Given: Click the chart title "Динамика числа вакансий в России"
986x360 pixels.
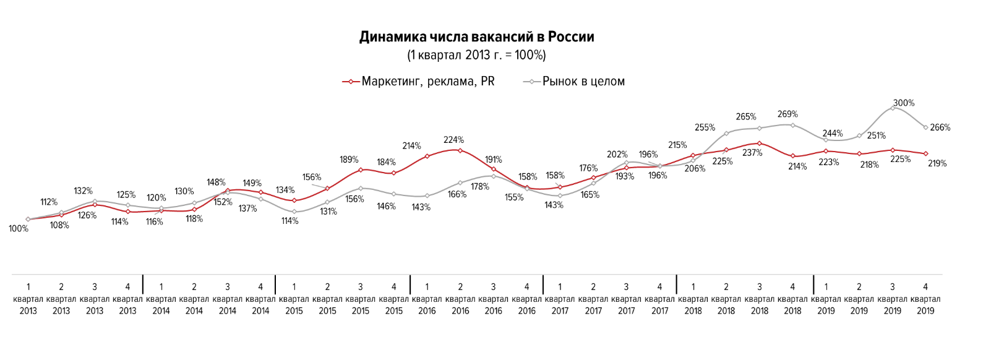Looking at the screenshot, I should (476, 37).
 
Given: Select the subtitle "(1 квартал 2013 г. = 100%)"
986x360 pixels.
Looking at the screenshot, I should (476, 56).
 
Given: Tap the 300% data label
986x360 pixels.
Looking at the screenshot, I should (904, 103).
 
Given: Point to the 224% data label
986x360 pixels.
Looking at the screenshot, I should (453, 140).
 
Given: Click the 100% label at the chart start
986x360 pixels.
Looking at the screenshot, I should (19, 229).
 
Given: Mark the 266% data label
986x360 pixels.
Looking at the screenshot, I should (940, 128).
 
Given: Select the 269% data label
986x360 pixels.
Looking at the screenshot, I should (787, 114).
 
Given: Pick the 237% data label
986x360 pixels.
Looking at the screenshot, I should (752, 153).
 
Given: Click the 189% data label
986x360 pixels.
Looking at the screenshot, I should (349, 160).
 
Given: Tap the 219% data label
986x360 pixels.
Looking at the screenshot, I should (937, 164).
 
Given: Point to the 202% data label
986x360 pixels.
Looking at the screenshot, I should (617, 155).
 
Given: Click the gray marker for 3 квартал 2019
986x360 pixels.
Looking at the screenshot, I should (893, 108).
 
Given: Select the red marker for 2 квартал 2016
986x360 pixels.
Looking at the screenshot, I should (460, 150).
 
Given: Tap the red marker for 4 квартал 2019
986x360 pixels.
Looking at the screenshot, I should (925, 153).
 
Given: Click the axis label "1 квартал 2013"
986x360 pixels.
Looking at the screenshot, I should (28, 299).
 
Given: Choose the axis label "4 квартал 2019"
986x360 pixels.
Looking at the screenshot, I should (925, 299).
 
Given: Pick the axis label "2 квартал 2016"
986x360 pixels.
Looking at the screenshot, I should (460, 299).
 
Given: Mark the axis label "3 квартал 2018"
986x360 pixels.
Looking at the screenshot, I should (760, 299).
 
